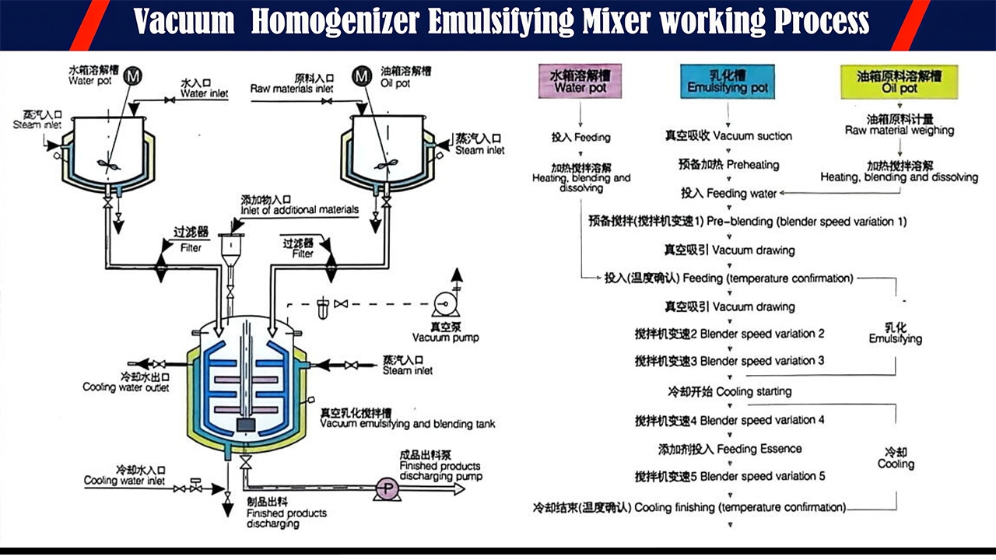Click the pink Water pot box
click(580, 82)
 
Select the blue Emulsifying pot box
click(728, 82)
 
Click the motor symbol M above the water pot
click(134, 75)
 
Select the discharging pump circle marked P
click(386, 488)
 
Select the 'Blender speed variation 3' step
click(730, 362)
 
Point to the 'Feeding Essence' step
click(730, 449)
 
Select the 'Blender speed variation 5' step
click(730, 476)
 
